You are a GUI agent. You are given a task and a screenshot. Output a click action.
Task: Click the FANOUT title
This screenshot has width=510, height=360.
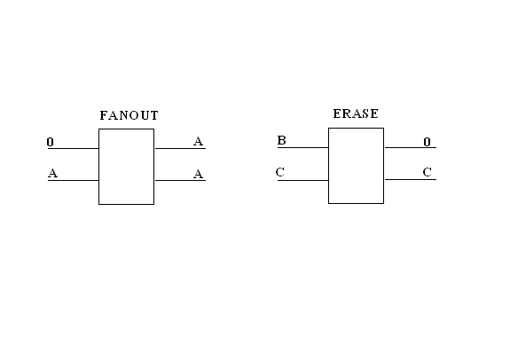tap(129, 115)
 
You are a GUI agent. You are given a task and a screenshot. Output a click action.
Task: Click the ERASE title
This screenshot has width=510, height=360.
tap(356, 113)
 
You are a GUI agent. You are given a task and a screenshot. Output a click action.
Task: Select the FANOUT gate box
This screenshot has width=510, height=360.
tap(98, 167)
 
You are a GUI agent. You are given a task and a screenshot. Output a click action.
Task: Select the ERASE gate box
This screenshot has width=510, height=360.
tap(328, 166)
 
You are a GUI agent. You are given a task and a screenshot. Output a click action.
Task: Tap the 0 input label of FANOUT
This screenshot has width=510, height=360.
tap(50, 142)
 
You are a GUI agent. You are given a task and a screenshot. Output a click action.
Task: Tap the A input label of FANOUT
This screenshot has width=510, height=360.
tap(52, 173)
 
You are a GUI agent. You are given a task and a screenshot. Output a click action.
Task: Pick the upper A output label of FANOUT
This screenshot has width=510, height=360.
tap(198, 142)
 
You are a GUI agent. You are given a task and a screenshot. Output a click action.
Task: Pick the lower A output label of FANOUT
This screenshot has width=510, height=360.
tap(198, 175)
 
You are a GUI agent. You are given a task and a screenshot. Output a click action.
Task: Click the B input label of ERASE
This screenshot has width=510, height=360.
tap(282, 140)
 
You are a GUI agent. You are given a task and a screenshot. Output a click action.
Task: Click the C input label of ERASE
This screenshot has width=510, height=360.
tap(280, 172)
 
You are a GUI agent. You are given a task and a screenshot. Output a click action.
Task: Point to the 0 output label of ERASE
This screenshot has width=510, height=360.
tap(427, 142)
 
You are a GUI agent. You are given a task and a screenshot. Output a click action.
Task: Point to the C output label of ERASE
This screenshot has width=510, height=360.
tap(427, 172)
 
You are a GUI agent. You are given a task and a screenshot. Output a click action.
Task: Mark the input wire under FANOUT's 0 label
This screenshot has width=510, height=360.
tap(74, 148)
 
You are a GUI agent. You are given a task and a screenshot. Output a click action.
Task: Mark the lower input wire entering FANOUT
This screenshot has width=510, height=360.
tap(74, 180)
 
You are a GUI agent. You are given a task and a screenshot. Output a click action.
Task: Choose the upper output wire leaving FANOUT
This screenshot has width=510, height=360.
tap(180, 148)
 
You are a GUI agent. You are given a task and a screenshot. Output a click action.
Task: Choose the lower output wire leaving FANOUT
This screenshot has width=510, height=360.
tap(180, 180)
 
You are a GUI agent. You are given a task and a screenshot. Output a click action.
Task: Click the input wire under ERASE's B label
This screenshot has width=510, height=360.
tap(302, 147)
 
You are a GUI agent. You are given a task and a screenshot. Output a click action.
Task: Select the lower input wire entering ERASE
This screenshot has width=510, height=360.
tap(302, 180)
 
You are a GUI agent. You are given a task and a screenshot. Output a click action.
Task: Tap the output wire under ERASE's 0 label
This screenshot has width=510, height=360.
tap(411, 147)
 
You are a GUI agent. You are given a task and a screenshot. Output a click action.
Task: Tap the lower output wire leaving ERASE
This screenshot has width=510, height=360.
tap(411, 179)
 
